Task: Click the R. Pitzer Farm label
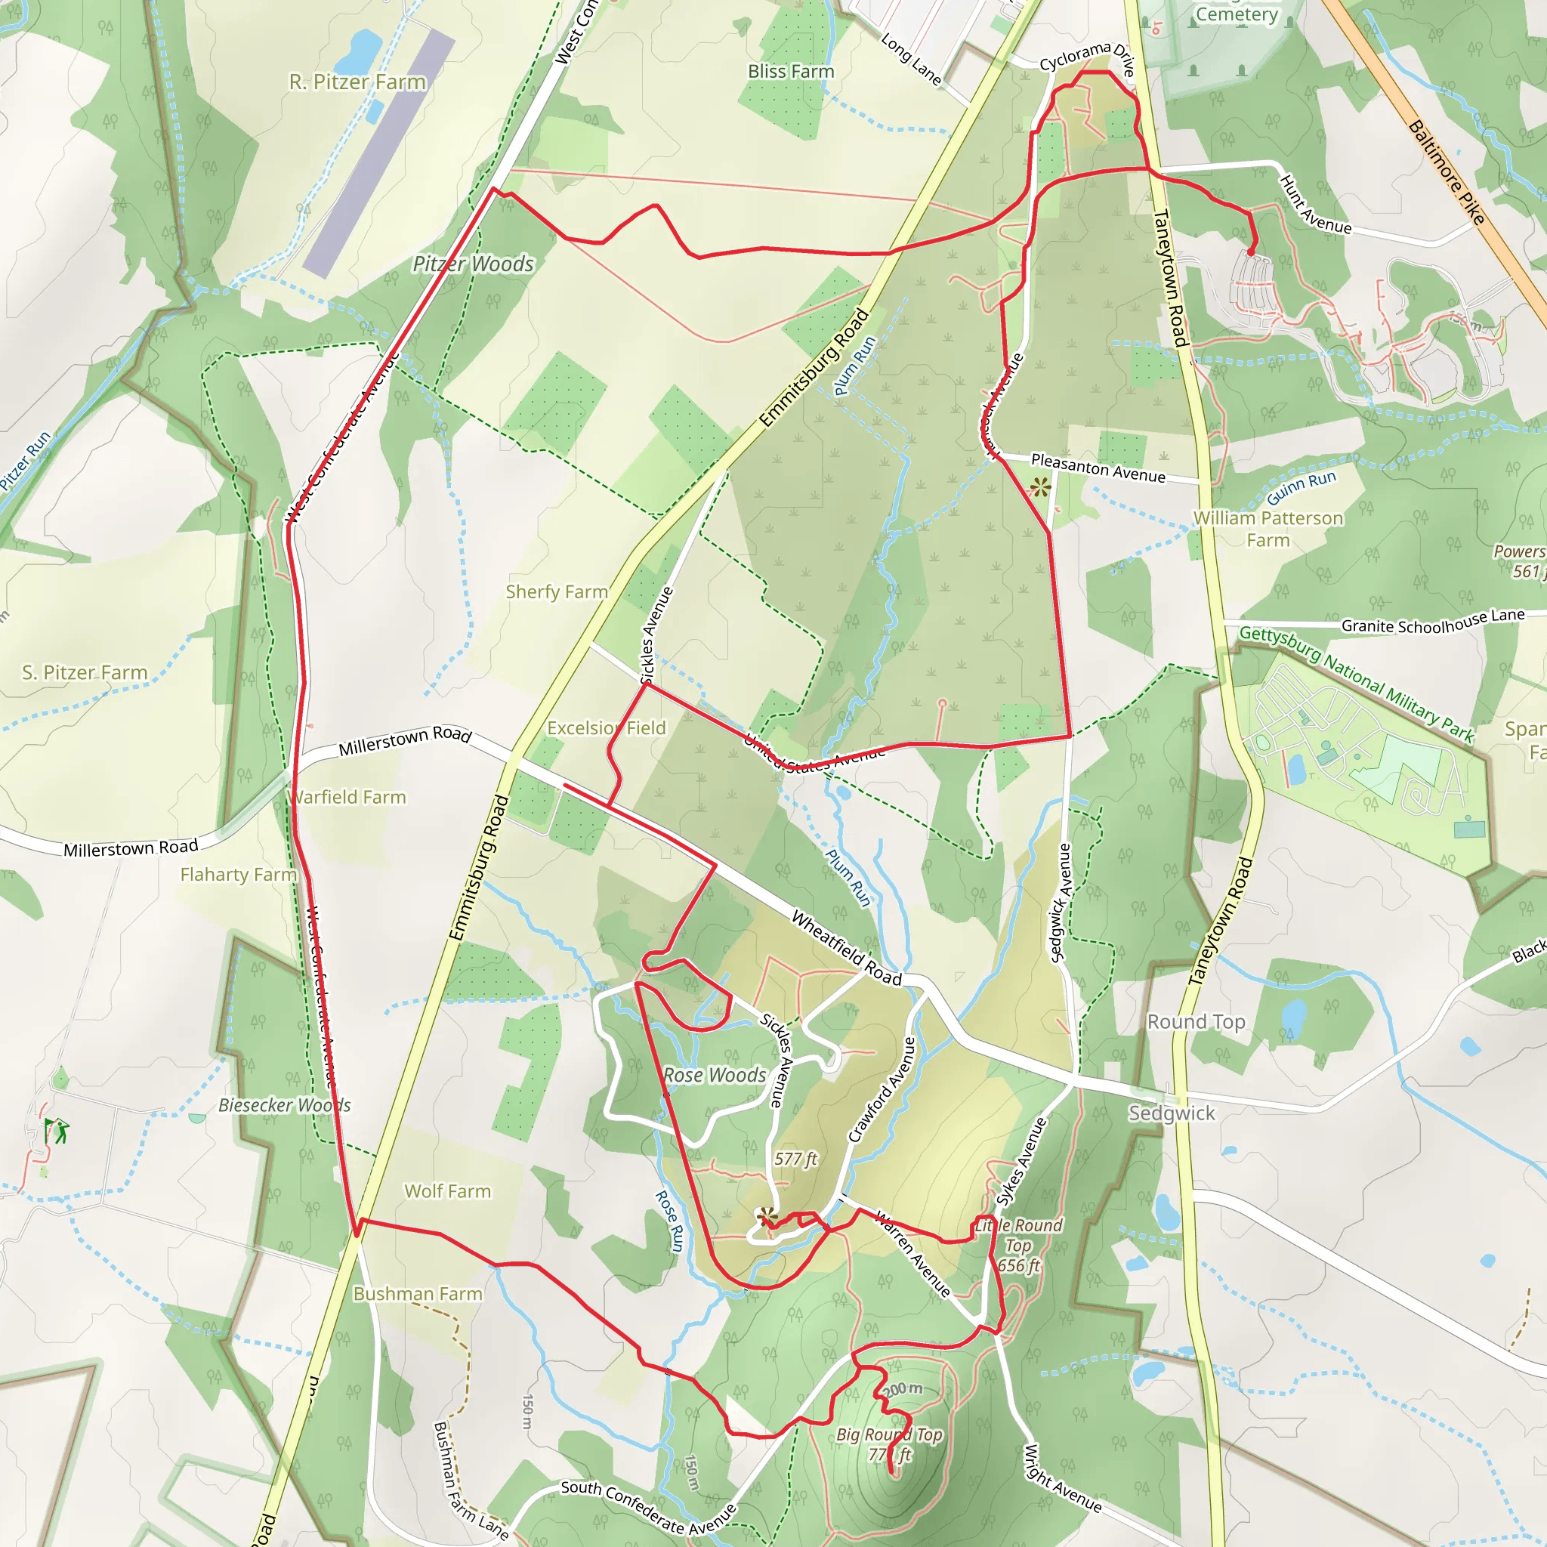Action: tap(357, 82)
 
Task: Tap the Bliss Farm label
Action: tap(790, 71)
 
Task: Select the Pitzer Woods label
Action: tap(472, 264)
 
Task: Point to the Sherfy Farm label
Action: tap(557, 591)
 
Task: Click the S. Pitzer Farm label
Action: tap(85, 672)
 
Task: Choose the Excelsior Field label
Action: tap(606, 728)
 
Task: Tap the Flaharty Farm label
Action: tap(238, 875)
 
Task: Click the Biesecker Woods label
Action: tap(284, 1106)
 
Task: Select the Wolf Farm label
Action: tap(447, 1191)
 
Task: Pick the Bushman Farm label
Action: tap(417, 1294)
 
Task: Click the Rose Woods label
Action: tap(715, 1076)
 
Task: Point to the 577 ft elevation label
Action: tap(795, 1159)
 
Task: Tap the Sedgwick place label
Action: tap(1172, 1113)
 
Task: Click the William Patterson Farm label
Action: tap(1268, 530)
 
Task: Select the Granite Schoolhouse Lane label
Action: tap(1432, 622)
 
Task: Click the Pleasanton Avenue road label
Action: tap(1098, 468)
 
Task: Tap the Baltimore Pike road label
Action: tap(1446, 172)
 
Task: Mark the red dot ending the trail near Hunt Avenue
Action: tap(1251, 253)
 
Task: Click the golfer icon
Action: tap(56, 1132)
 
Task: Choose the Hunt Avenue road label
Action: tap(1315, 205)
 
